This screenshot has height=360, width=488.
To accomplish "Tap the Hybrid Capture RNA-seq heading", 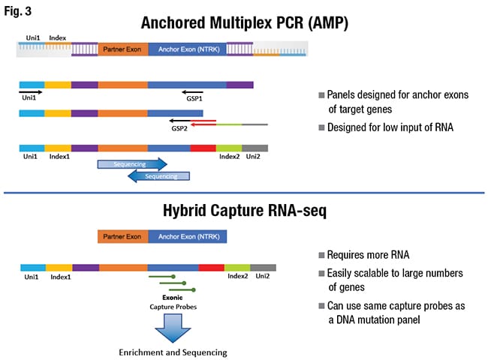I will coord(245,211).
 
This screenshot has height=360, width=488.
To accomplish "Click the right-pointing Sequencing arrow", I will coord(131,162).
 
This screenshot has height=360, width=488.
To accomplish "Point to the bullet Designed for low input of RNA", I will coord(379,127).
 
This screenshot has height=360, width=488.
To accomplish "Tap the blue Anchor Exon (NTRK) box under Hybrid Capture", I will coord(188,237).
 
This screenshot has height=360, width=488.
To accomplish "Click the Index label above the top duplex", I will coord(58,36).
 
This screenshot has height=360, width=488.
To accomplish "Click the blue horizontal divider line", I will coord(244,193).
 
